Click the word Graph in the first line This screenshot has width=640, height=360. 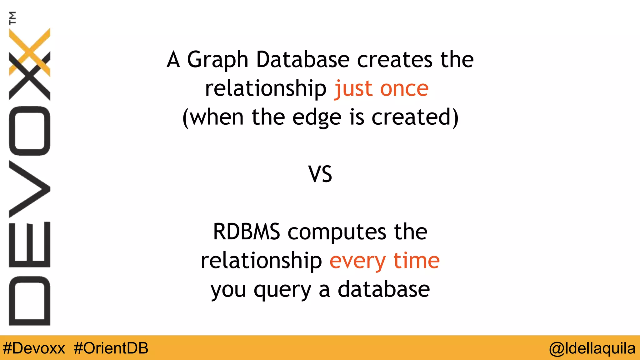click(217, 60)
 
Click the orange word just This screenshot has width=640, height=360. click(353, 89)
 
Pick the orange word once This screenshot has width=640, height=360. click(404, 89)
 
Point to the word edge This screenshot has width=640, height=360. click(317, 117)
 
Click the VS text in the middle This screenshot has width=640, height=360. click(320, 174)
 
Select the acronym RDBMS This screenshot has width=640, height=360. click(246, 232)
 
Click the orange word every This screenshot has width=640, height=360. click(357, 261)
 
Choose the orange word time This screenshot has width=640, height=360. click(416, 261)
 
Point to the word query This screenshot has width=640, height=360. click(282, 290)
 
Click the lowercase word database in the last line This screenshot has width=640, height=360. click(384, 289)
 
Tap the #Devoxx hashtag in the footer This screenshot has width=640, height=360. click(34, 348)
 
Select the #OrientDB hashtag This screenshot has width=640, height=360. click(111, 348)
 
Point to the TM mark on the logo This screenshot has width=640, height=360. click(12, 18)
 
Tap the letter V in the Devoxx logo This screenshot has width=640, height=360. click(30, 189)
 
